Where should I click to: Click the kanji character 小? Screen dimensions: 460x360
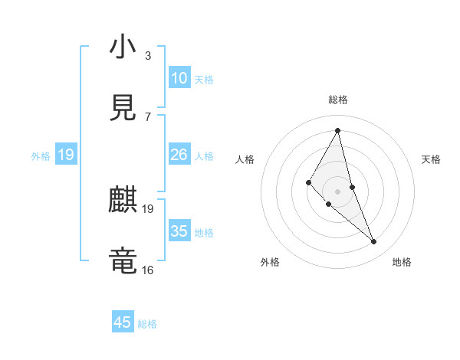123,48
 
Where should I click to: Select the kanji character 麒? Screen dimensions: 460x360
123,201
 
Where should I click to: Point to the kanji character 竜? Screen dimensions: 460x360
123,260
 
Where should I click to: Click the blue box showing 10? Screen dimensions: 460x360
179,78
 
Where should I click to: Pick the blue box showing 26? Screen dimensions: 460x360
179,155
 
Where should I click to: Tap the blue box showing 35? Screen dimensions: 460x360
179,231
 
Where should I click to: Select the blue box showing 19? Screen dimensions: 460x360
65,155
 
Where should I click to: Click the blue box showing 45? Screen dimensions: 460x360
123,322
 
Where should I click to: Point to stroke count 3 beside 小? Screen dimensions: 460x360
148,55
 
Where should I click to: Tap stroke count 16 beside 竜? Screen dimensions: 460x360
147,270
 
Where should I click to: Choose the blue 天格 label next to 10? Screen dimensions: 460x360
204,80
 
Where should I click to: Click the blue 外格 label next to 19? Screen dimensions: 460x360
41,156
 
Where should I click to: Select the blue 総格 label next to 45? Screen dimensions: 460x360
147,324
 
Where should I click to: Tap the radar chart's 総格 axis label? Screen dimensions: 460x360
338,100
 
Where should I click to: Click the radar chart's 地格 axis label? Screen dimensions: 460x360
402,262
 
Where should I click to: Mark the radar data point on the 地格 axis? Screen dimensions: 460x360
374,242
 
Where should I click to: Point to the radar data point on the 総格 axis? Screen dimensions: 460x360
338,129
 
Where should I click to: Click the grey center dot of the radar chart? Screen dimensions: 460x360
338,191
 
